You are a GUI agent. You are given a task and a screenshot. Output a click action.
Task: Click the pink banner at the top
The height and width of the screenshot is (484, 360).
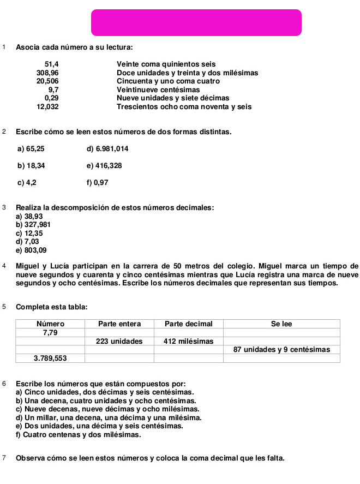coord(196,22)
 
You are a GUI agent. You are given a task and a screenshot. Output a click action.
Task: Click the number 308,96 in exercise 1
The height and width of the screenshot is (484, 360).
coord(47,73)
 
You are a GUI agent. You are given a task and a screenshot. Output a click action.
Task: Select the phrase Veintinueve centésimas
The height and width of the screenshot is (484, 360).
coord(158,89)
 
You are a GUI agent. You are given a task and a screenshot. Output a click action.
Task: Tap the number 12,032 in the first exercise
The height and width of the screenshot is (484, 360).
coord(47,107)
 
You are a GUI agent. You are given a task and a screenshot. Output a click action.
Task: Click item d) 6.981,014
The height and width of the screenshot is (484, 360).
coord(107,148)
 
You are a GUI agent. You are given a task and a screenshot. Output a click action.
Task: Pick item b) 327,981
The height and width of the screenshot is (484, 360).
coord(34,224)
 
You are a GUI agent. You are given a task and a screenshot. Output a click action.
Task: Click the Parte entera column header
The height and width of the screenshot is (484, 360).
coord(119,324)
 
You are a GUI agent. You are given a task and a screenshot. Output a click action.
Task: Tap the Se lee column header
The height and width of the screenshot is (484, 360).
coord(281,324)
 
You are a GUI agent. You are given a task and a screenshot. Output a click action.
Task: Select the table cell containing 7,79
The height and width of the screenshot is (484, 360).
coord(51,332)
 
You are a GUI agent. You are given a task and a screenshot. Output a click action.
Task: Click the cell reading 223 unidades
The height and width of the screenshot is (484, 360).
coord(119,341)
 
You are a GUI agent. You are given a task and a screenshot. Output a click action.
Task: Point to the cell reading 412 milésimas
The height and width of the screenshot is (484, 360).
coord(188,341)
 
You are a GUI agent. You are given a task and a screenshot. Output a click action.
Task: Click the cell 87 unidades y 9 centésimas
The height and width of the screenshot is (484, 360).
coord(281,349)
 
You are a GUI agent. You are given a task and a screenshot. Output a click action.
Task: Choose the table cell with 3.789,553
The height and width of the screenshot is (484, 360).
coord(51,358)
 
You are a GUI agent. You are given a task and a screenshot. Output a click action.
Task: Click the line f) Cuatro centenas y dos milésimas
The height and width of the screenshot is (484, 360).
coord(79,435)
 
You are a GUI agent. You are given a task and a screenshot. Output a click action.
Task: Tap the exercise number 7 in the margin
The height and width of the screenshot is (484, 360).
coord(4,457)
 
